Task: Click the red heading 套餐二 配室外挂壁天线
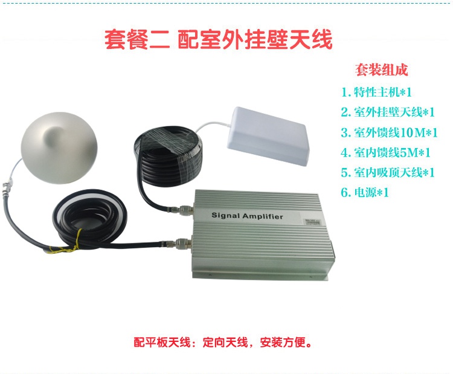click(x=219, y=40)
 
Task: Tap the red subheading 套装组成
click(x=381, y=70)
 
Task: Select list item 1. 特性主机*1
click(x=376, y=92)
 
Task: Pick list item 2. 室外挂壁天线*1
click(x=388, y=112)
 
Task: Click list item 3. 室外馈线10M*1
click(x=389, y=132)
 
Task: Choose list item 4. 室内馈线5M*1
click(x=386, y=152)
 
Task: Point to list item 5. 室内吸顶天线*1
click(x=388, y=172)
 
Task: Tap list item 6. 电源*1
click(x=365, y=192)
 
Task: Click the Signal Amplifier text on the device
click(x=247, y=216)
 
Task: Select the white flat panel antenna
click(x=268, y=136)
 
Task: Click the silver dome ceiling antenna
click(x=59, y=147)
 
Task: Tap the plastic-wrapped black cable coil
click(x=169, y=156)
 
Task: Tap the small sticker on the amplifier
click(x=313, y=222)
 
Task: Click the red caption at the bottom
click(x=223, y=342)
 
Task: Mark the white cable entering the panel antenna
click(x=213, y=125)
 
